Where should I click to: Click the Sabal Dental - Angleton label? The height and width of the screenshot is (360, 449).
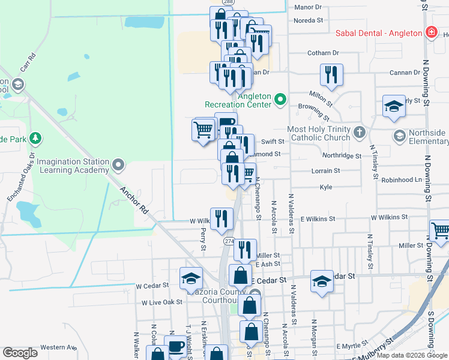click(378, 33)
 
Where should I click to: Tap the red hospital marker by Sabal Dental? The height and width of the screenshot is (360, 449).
click(430, 32)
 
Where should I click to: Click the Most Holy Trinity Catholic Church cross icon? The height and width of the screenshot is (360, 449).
click(359, 133)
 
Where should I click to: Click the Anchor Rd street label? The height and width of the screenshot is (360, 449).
click(133, 200)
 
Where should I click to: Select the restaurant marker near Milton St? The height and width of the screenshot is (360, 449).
click(331, 75)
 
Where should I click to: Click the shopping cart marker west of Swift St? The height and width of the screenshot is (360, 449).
click(203, 129)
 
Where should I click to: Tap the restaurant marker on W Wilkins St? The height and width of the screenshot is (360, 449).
click(221, 218)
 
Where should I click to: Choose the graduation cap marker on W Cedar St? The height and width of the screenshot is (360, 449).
click(191, 278)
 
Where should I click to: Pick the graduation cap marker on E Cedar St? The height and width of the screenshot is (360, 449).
click(322, 281)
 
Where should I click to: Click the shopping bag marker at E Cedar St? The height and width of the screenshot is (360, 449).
click(240, 275)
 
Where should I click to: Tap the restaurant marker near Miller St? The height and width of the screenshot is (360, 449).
click(244, 250)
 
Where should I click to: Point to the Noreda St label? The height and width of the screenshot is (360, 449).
click(309, 20)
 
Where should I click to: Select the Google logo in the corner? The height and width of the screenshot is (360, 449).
click(20, 353)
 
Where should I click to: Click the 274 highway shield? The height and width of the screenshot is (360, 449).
click(229, 241)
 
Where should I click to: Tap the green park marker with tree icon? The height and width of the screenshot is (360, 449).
click(35, 139)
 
